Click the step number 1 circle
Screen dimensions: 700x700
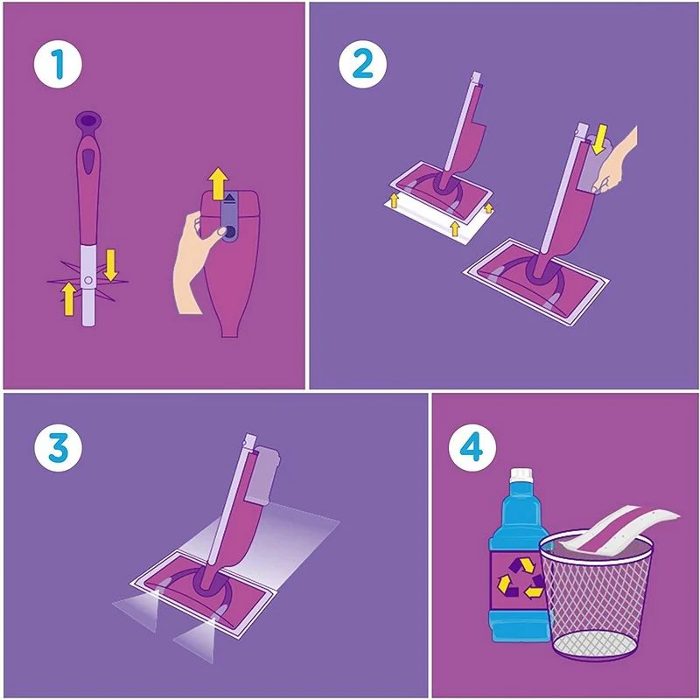[58, 64]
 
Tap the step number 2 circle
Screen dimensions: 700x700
[362, 64]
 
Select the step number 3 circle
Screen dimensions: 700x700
[58, 447]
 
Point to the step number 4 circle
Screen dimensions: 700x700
[472, 447]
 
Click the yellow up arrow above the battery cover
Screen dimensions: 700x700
[219, 184]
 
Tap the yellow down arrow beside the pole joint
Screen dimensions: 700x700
[110, 265]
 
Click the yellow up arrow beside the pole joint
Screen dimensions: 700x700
[68, 298]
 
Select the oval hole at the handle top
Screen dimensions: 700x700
[88, 120]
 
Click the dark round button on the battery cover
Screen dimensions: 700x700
[230, 231]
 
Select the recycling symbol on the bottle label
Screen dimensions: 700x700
[521, 577]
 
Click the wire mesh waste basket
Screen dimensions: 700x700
[596, 594]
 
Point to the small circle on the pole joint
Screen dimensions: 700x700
[88, 280]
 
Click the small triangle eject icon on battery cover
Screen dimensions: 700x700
[230, 197]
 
